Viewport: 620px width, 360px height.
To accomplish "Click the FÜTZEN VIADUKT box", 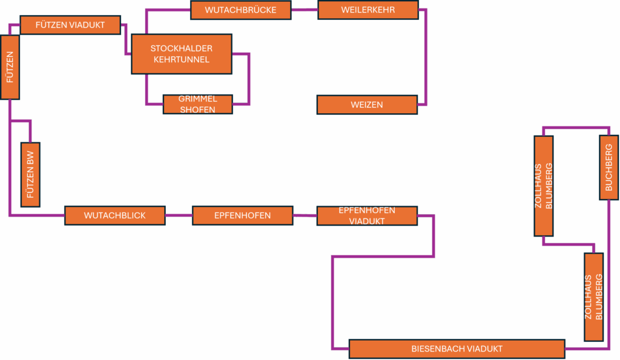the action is (70, 25).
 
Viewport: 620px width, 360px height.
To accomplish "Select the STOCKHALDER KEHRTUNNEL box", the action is (182, 54).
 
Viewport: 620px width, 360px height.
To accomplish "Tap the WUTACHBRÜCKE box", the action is (241, 10).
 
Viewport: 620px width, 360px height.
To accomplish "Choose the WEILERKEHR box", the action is (368, 10).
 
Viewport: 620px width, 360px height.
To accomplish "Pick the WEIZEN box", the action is (367, 105).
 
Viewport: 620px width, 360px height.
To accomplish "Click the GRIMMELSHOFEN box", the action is (198, 104).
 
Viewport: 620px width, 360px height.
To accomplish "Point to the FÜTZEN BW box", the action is (30, 175).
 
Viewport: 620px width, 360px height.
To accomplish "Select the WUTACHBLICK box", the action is (115, 215).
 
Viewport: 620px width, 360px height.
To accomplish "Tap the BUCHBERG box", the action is (609, 168).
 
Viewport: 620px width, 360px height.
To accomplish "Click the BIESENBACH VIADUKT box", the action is (457, 349).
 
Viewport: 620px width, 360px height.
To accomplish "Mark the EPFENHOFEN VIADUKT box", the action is (367, 216).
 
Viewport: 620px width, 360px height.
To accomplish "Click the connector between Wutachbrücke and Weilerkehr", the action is (305, 10).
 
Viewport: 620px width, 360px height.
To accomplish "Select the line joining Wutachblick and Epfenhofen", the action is (179, 215).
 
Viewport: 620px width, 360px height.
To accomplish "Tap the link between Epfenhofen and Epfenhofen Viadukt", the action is (305, 215).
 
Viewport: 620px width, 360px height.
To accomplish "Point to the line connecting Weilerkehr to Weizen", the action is (426, 57).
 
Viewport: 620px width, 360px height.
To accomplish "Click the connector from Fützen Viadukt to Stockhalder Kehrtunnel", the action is (126, 39).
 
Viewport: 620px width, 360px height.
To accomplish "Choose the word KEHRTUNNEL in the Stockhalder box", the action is (182, 60).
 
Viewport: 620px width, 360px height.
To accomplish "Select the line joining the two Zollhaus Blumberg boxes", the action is (569, 244).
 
